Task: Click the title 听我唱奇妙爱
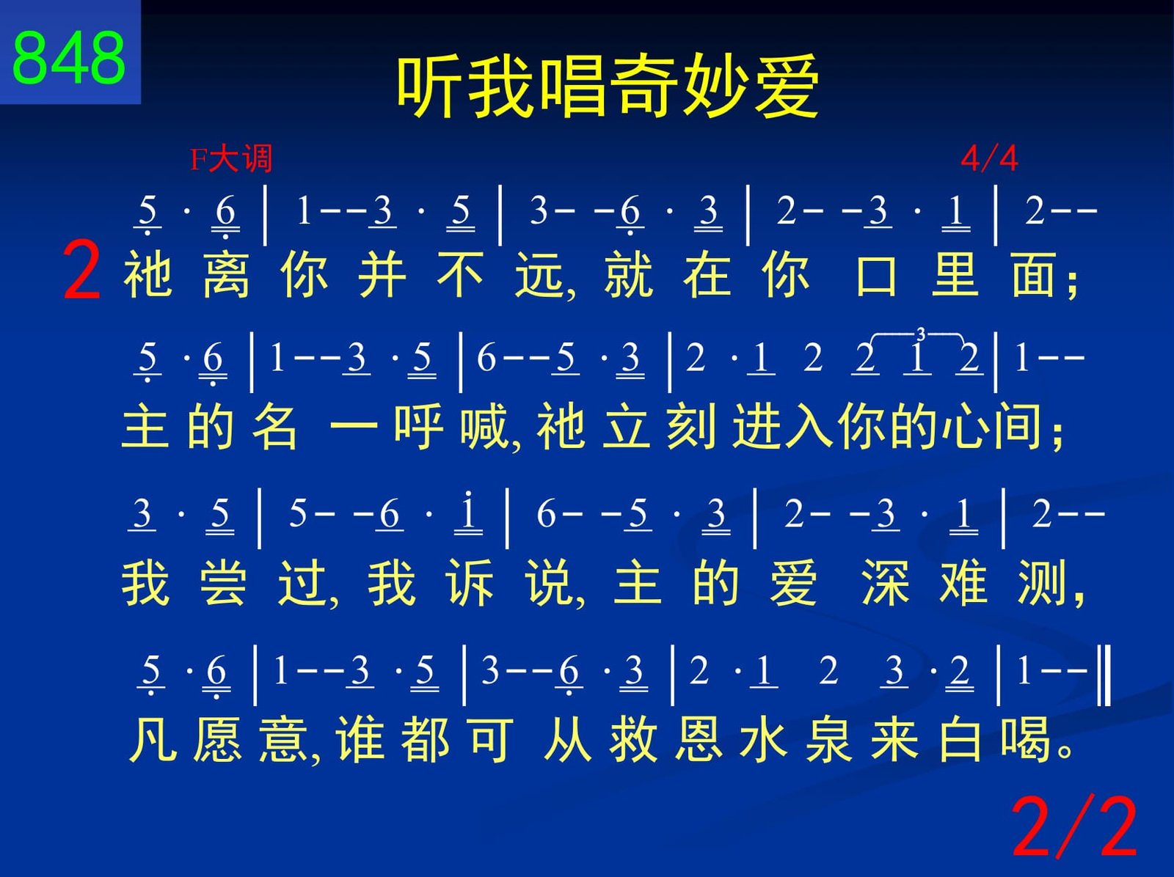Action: tap(607, 86)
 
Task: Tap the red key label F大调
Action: tap(231, 158)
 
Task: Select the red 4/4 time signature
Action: tap(989, 158)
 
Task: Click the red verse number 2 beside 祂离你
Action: tap(82, 271)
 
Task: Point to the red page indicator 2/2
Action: tap(1074, 826)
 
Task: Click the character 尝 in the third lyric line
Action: tap(223, 582)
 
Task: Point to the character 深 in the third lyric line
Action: tap(885, 582)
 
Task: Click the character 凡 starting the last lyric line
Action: tap(153, 739)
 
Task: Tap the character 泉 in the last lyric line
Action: tap(828, 739)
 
